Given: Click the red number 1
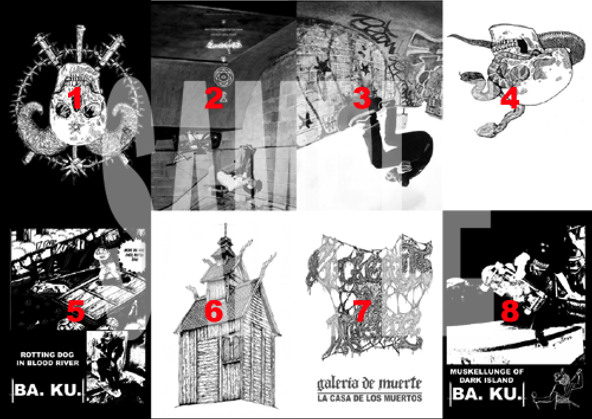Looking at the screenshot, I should tap(75, 99).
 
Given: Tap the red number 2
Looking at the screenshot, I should tap(213, 99).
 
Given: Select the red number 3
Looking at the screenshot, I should tap(362, 99).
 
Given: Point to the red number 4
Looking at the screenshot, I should tap(509, 99).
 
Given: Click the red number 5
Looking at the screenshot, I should tap(75, 312).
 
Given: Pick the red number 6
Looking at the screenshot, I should tap(213, 312).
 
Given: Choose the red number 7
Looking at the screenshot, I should tap(362, 312).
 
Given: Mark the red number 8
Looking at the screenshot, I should tap(509, 312).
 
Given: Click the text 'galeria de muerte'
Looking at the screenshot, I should tap(369, 381).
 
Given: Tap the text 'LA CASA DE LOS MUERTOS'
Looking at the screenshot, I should tap(369, 398).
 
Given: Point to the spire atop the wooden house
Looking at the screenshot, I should tap(226, 234).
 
